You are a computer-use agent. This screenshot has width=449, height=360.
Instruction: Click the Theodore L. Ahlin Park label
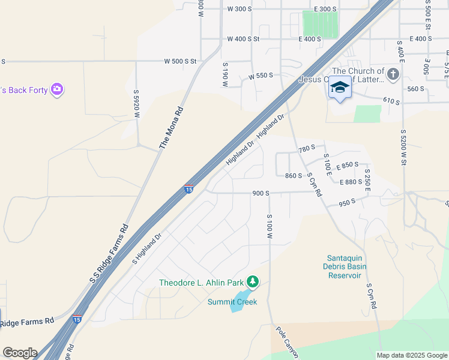201,283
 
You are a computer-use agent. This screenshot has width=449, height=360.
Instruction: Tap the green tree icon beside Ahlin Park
253,281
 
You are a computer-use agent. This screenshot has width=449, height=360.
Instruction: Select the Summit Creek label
232,302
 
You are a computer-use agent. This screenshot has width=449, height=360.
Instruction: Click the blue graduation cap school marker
340,87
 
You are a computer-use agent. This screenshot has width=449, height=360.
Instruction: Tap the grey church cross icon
393,75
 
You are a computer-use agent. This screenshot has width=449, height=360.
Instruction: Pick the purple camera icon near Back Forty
57,89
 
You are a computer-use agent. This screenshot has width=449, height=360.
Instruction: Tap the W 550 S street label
261,76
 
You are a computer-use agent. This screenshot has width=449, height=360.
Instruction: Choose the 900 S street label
261,193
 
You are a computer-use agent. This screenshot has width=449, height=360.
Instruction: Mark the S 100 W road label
270,227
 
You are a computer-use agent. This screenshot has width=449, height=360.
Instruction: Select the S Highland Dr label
147,249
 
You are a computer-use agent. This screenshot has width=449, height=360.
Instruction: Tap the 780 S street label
307,149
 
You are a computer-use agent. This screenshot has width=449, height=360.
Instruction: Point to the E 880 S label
351,182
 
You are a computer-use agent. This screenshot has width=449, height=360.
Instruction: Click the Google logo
20,353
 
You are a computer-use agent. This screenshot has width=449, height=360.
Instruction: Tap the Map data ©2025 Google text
412,355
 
